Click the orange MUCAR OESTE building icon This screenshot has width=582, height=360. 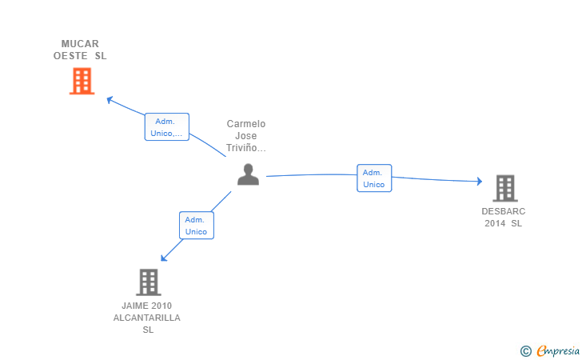tap(82, 81)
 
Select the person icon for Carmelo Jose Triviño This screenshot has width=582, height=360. tap(249, 174)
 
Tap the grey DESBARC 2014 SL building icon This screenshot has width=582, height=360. tap(504, 188)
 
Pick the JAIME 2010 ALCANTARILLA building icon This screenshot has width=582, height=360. tap(148, 282)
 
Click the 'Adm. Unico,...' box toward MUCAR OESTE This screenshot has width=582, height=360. tap(167, 126)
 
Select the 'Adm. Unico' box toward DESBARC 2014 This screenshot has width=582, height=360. tap(373, 178)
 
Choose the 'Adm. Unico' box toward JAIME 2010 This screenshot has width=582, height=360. tap(196, 226)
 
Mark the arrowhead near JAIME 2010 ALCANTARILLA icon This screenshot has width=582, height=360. tap(164, 257)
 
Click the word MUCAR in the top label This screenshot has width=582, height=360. tap(80, 44)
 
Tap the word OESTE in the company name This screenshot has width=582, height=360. tap(70, 56)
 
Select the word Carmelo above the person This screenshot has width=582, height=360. tap(246, 124)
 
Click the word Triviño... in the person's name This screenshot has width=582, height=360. tap(246, 148)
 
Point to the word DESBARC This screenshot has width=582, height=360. tap(504, 211)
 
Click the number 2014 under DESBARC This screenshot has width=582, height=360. tap(496, 223)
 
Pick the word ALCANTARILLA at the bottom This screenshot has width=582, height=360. tap(147, 318)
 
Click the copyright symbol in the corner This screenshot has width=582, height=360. tap(525, 350)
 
